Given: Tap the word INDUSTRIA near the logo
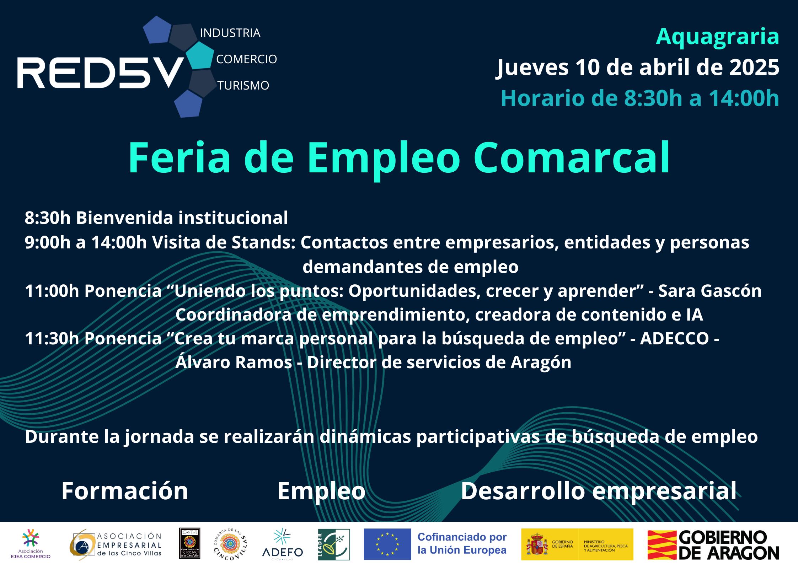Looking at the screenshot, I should [230, 33].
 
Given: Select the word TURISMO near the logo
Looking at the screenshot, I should [243, 86].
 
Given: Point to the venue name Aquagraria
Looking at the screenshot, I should [717, 36].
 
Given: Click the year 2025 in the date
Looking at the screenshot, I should [754, 67].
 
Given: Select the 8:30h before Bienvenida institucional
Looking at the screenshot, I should [48, 218].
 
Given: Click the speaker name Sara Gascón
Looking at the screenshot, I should [710, 291].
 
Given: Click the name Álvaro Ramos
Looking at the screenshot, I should [234, 362].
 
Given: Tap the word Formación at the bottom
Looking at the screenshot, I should [124, 491].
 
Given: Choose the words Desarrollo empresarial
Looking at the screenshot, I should [599, 491].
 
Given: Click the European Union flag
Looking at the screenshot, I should [387, 544].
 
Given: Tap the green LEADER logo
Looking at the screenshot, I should [334, 544].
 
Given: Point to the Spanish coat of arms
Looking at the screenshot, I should [537, 544].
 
